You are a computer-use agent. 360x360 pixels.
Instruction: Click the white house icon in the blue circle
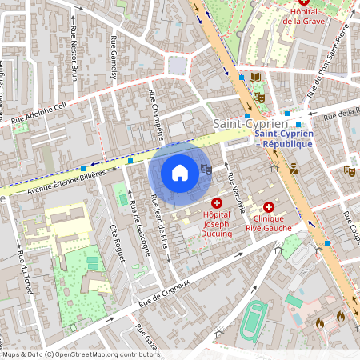[x=180, y=172]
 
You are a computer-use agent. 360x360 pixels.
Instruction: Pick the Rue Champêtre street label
[x=156, y=114]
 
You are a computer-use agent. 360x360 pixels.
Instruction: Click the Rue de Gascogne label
[x=139, y=228]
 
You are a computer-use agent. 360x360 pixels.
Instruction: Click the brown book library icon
[x=255, y=78]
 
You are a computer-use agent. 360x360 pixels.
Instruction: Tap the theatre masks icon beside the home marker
[x=206, y=169]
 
